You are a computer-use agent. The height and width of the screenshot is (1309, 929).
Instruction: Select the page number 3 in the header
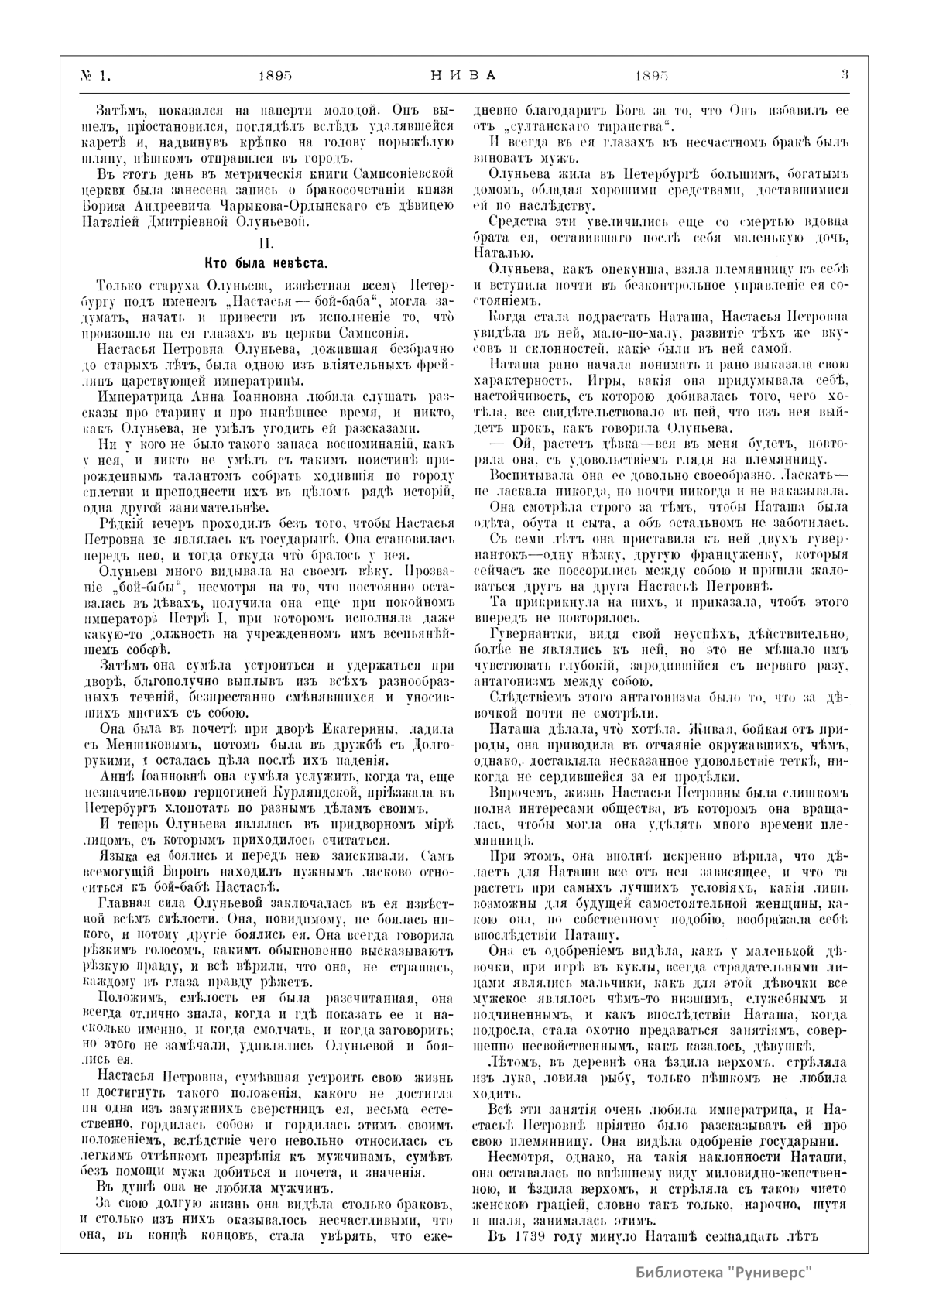(x=845, y=76)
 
